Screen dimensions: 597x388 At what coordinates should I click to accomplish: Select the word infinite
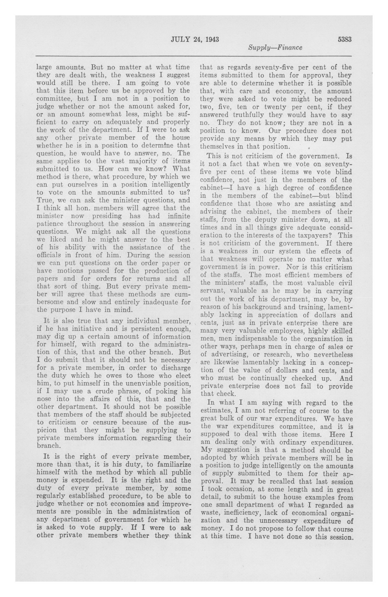(179, 216)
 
